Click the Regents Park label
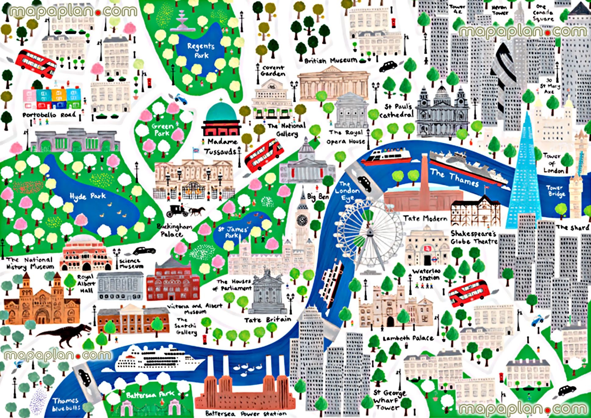coord(201,51)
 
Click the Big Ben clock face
coord(302,219)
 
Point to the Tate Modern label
coord(425,218)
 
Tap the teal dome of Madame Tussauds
coord(221,112)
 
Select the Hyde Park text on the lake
coord(87,196)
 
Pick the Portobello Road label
coord(49,115)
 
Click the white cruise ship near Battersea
coord(158,359)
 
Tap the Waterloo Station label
coord(426,274)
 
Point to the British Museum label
coord(331,60)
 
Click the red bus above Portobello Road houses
coord(36,64)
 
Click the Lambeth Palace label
coord(408,338)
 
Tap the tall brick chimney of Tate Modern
coord(424,177)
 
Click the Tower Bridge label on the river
coord(556,191)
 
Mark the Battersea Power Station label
coord(246,414)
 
